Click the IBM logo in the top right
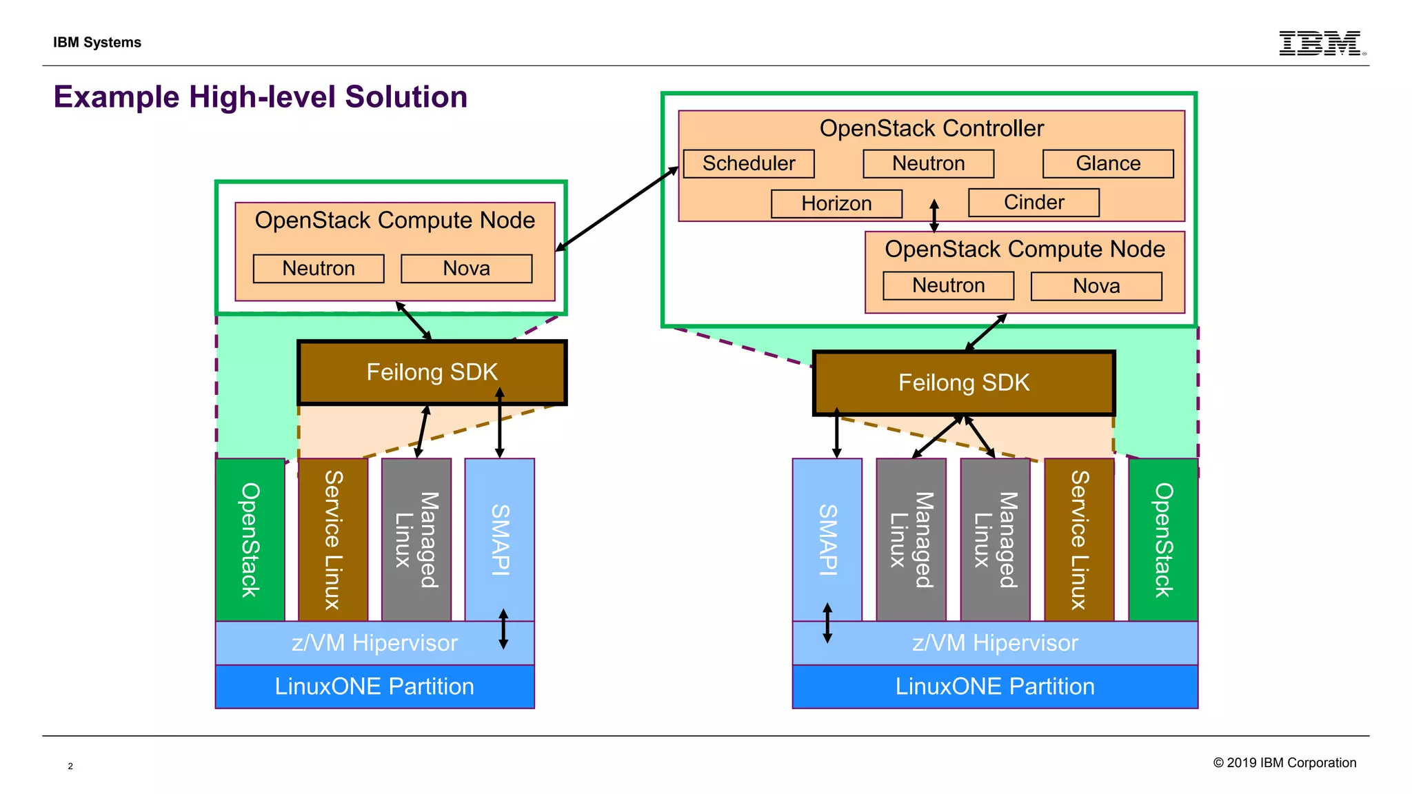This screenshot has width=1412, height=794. coord(1321,43)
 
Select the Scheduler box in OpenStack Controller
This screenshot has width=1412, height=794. coord(749,164)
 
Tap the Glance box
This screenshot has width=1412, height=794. coord(1108,164)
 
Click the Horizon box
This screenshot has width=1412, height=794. coord(836,204)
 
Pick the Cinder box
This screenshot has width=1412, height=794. coord(1033,203)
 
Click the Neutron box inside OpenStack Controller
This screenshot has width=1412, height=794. coord(928,164)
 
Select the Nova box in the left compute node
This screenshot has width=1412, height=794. coord(466,269)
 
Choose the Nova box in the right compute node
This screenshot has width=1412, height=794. coord(1096,286)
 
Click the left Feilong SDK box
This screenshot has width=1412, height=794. coord(432,372)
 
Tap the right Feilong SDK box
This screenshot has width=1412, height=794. coord(963,383)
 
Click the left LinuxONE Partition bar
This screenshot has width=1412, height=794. coord(374,686)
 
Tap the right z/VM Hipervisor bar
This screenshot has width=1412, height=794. coord(995,643)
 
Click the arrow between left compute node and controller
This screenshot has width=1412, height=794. coord(617,208)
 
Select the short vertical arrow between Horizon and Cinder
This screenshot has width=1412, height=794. coord(934,216)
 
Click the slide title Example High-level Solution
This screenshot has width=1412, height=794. coord(261,97)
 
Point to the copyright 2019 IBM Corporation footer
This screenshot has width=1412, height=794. coord(1284,763)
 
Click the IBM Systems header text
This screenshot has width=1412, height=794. coord(97,43)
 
